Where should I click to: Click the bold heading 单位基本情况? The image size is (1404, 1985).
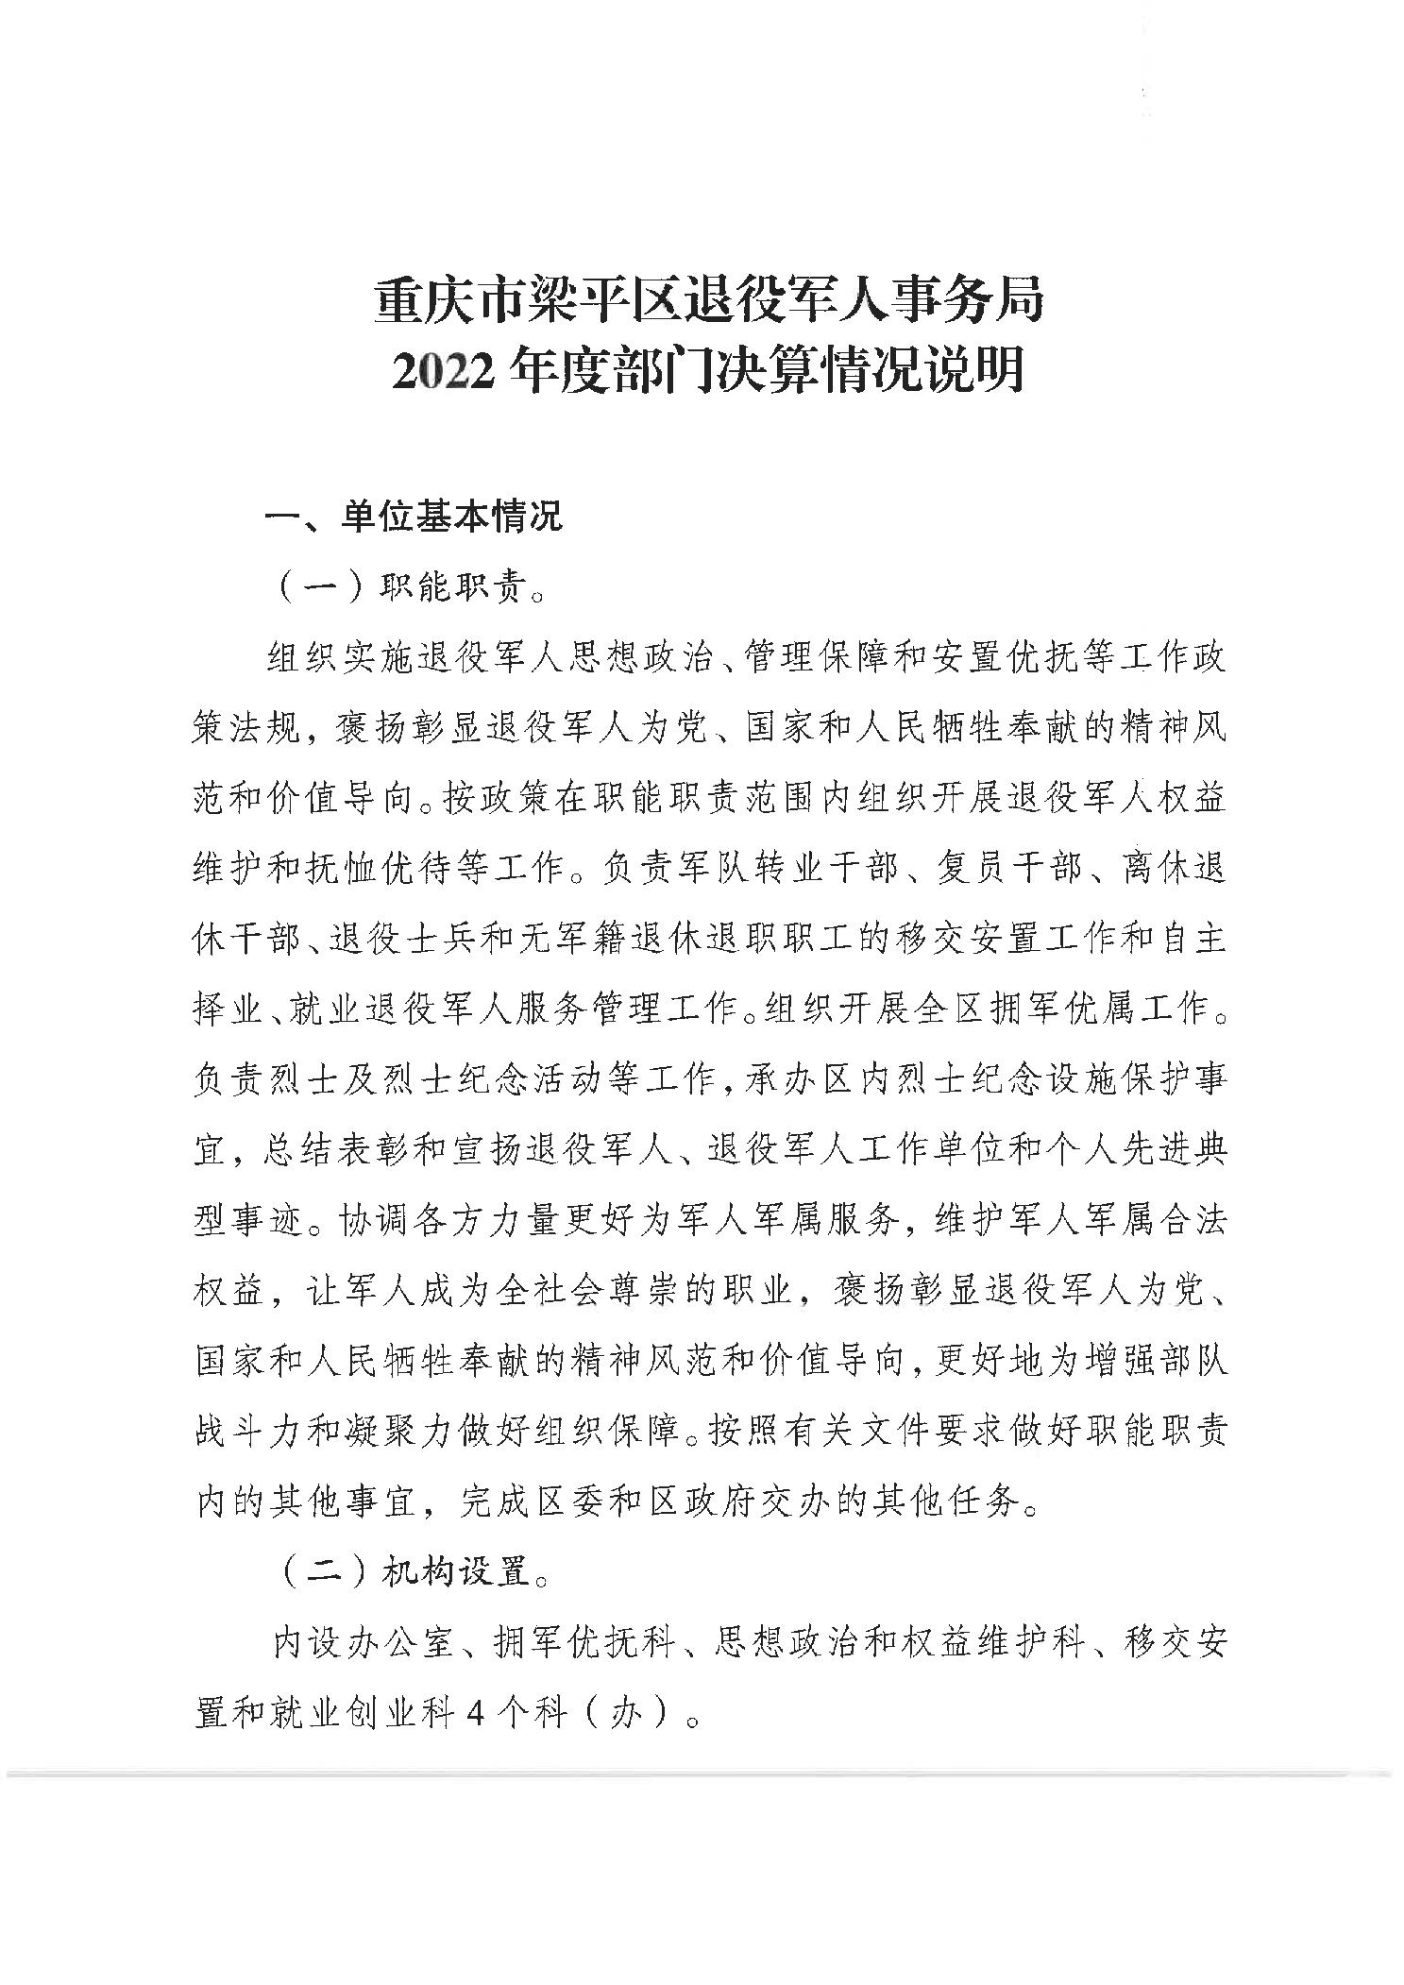(x=451, y=517)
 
